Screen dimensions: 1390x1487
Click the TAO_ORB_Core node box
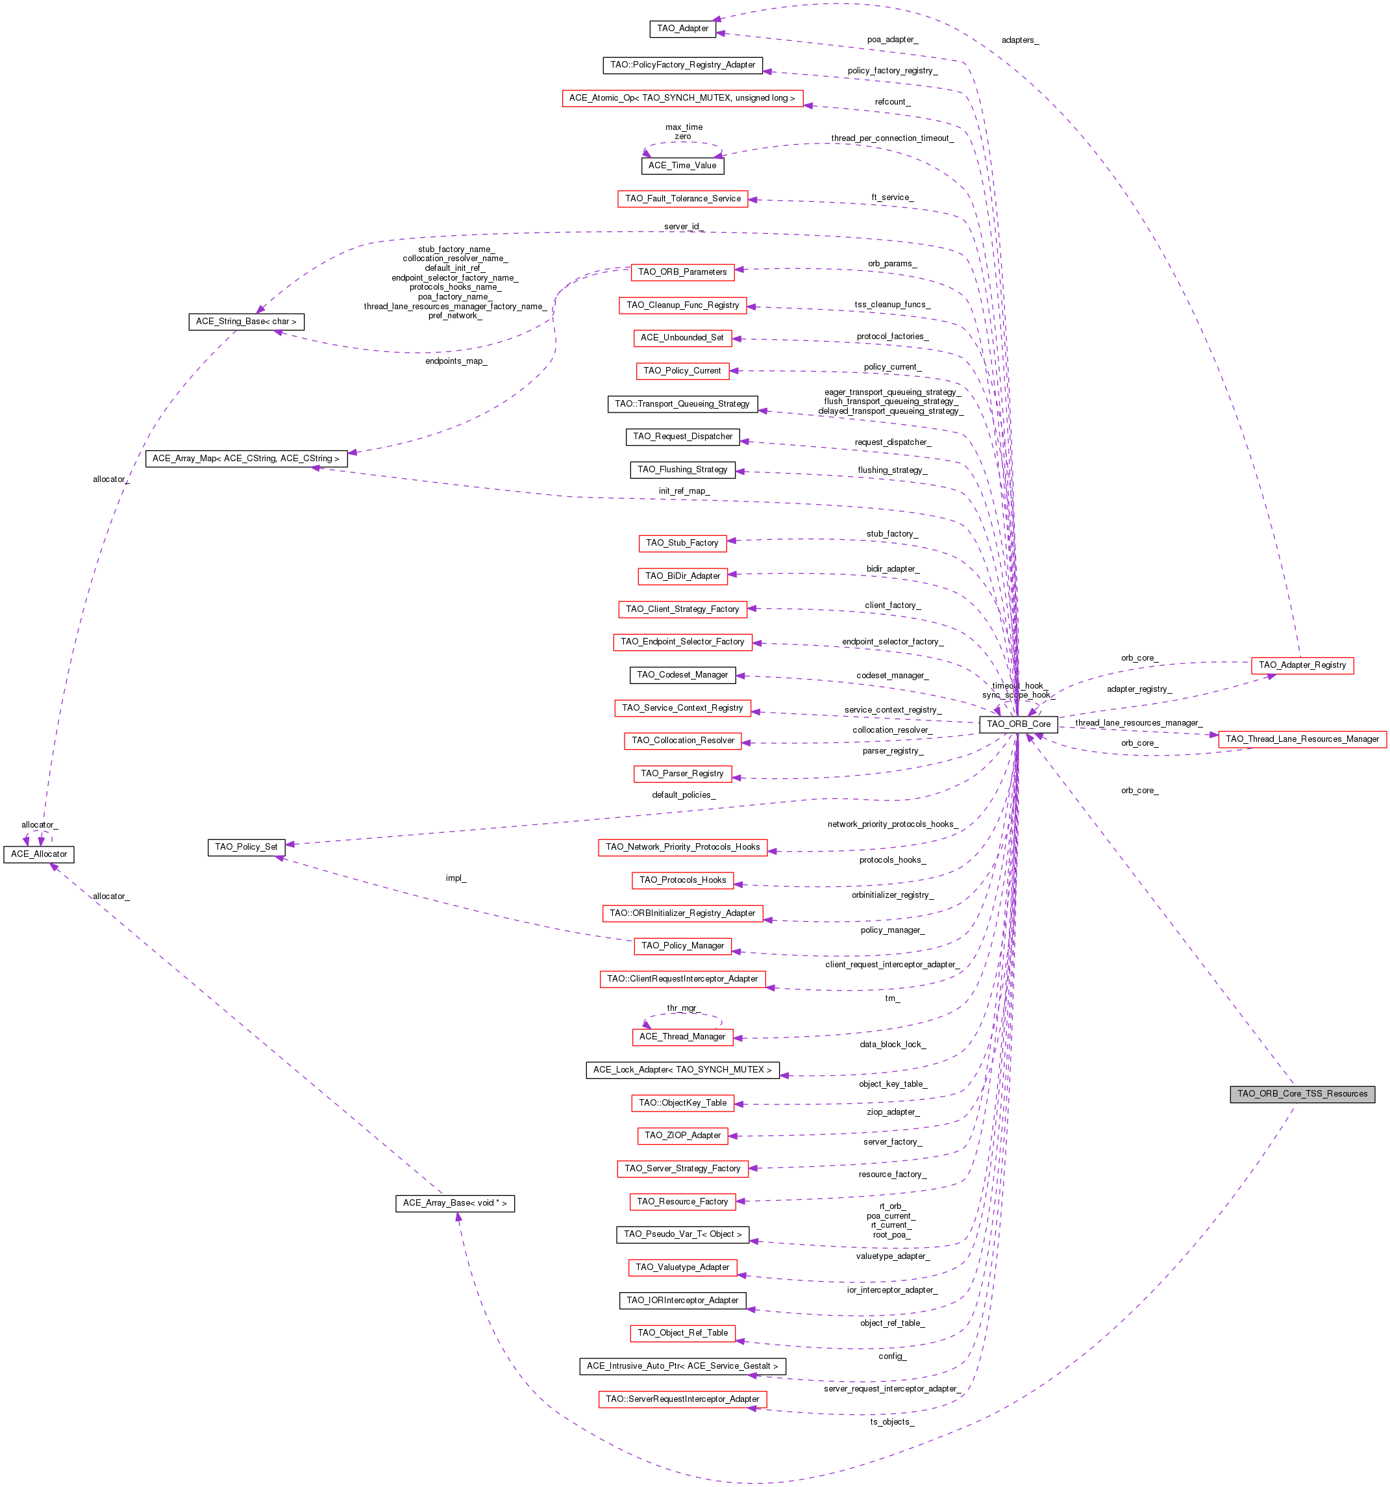[1019, 724]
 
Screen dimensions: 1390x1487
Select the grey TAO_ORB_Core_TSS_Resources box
[1302, 1093]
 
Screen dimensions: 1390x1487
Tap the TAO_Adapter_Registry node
[1302, 665]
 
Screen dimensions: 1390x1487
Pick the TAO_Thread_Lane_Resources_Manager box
[1302, 739]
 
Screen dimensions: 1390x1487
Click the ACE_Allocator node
[39, 854]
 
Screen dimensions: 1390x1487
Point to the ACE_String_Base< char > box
[246, 322]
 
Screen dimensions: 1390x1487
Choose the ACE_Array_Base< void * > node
[454, 1202]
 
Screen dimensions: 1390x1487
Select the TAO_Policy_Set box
[246, 846]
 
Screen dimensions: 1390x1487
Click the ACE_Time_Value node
[682, 165]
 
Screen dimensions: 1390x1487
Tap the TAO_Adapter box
[682, 29]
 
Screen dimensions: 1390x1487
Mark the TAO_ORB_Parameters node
[682, 272]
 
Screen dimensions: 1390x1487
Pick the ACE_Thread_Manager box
[682, 1037]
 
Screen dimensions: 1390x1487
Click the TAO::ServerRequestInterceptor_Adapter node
[682, 1399]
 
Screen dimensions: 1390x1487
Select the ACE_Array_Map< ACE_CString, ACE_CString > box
[246, 459]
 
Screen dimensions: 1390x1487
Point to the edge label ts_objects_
[892, 1422]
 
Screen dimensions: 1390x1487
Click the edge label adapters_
[1020, 40]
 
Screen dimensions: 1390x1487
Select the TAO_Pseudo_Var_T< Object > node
[682, 1234]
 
